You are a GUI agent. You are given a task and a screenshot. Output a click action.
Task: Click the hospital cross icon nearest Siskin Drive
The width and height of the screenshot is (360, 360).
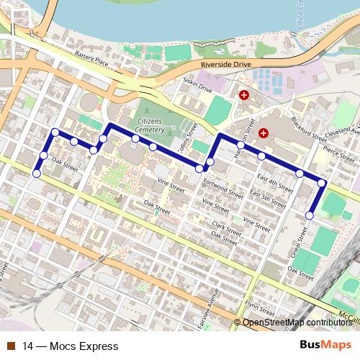(244, 95)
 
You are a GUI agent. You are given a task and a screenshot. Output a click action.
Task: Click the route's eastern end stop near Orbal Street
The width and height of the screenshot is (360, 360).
(310, 215)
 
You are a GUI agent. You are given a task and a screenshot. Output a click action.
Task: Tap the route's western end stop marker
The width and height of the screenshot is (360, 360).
(37, 173)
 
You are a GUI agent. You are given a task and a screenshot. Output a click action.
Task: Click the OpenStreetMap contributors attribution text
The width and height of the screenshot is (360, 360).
(298, 323)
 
